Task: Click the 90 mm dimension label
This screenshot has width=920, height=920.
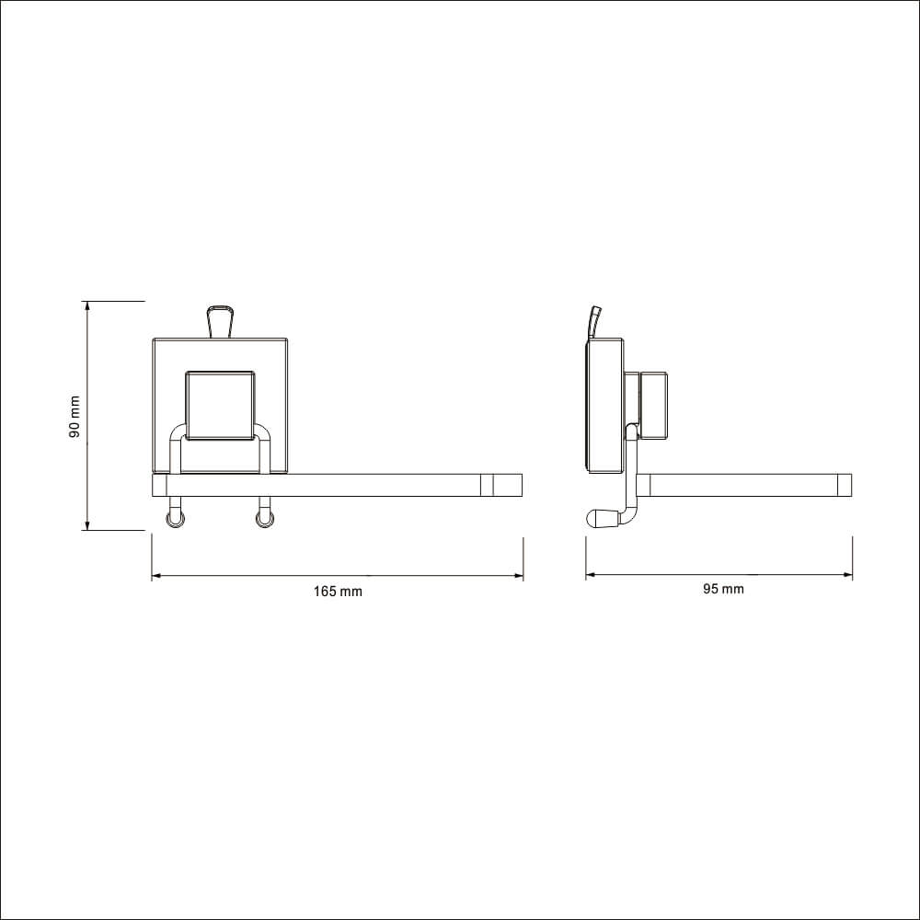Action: click(75, 417)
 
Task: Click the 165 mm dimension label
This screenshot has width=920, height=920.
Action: click(338, 592)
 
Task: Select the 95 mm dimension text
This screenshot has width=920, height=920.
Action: click(723, 589)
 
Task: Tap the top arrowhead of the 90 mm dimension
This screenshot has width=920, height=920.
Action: click(87, 305)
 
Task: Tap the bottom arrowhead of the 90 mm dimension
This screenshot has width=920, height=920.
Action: click(87, 525)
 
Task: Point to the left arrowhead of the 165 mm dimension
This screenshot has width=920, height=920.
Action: click(156, 576)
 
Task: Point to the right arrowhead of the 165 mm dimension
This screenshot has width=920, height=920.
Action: click(519, 576)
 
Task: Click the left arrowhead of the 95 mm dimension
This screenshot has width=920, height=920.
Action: click(591, 575)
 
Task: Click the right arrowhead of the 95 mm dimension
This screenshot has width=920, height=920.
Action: click(848, 575)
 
